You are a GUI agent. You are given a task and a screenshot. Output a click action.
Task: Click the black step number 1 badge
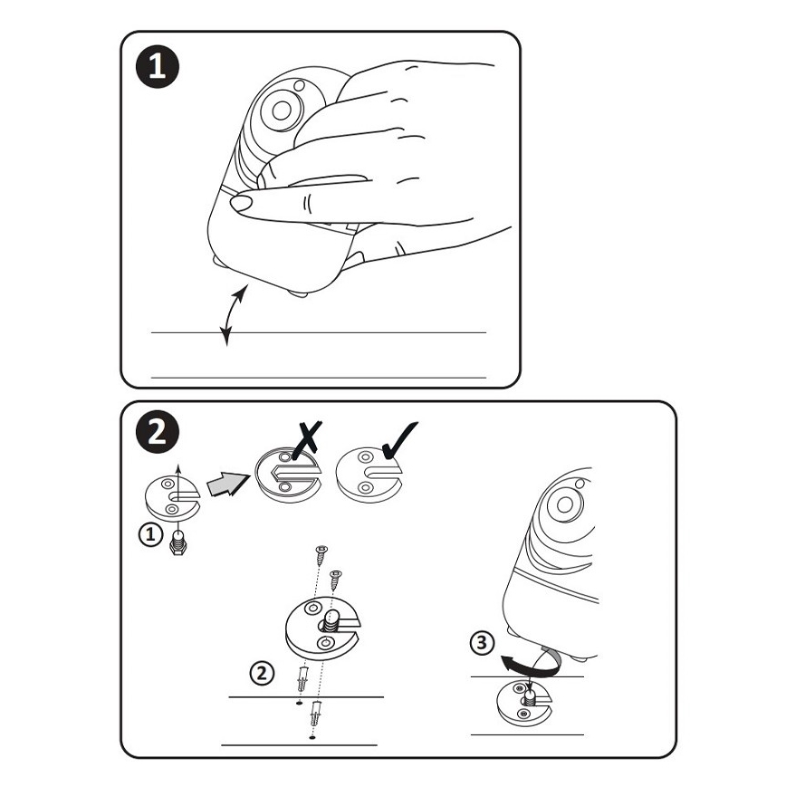tap(158, 67)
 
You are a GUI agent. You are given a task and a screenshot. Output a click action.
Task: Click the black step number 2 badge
tap(158, 432)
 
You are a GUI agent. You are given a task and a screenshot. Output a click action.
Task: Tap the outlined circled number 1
tap(150, 534)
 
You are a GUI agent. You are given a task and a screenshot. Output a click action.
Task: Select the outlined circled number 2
tap(263, 673)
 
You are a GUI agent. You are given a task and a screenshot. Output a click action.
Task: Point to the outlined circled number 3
tap(483, 643)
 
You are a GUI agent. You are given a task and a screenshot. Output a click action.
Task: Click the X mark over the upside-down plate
tap(306, 440)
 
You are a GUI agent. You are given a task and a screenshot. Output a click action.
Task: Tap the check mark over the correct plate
tap(399, 439)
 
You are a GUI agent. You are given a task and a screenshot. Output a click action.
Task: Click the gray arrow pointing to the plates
tap(227, 484)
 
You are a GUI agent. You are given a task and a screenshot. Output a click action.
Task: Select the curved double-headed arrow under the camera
tap(234, 315)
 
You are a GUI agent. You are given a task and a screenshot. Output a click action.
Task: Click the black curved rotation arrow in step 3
tap(532, 665)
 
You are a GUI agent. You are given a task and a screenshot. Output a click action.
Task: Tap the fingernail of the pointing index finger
tap(241, 203)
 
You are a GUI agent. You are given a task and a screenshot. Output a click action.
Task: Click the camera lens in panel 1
tap(282, 110)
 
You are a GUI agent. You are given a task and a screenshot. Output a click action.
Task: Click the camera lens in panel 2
tap(564, 504)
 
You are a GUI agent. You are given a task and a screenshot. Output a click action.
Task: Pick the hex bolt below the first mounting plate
tap(178, 542)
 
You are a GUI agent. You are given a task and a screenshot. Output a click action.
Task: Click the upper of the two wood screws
tap(321, 554)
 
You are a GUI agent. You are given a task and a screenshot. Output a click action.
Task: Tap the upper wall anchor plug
tap(302, 679)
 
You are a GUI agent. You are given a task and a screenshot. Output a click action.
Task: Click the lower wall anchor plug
tap(316, 714)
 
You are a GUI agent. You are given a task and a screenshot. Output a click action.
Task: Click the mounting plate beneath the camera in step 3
tap(522, 703)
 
